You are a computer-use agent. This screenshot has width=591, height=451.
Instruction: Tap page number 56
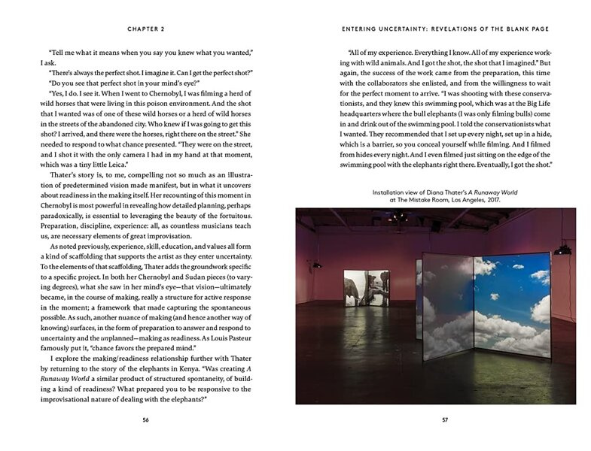[x=146, y=419]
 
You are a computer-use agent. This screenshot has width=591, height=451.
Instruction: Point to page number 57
[x=444, y=419]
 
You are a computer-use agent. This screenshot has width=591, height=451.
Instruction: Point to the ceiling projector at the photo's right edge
[x=562, y=250]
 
